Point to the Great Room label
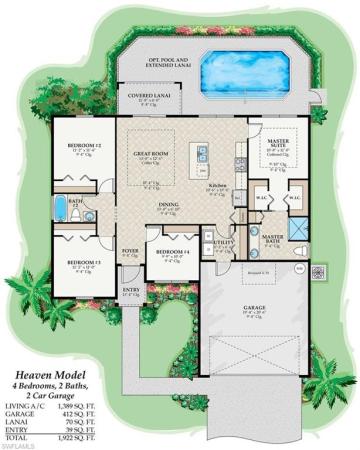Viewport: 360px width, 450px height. pos(149,154)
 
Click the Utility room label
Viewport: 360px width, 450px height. pos(222,243)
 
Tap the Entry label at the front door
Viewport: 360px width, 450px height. pos(130,291)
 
